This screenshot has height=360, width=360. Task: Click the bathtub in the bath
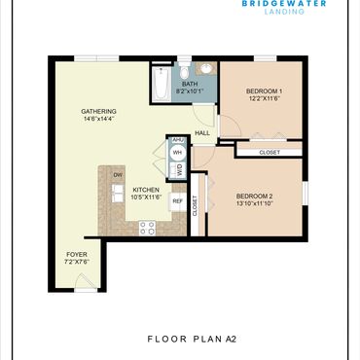point(162,85)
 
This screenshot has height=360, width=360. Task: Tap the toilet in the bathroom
point(184,69)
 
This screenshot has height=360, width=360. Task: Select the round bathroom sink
point(205,68)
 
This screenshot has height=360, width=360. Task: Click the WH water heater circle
point(177,152)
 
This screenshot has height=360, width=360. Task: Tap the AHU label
point(178,140)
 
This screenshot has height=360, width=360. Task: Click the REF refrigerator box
point(177,201)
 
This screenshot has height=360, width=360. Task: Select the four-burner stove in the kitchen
point(147,228)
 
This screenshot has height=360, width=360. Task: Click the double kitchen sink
point(118,193)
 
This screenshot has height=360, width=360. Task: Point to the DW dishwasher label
point(118,175)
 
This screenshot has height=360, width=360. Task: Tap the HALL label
point(202,133)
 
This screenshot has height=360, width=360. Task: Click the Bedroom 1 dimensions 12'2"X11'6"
point(265,98)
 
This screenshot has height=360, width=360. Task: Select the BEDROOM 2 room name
point(254,197)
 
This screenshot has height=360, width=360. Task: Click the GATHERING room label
point(98,112)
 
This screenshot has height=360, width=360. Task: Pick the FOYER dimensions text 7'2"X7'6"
point(77,262)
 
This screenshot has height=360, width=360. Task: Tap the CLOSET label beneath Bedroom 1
point(270,152)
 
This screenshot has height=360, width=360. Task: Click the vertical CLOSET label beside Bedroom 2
point(195,205)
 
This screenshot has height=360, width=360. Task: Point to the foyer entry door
point(86,281)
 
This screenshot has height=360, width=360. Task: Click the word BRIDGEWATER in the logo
point(284,4)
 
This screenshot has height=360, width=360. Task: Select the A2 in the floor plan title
point(231,340)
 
